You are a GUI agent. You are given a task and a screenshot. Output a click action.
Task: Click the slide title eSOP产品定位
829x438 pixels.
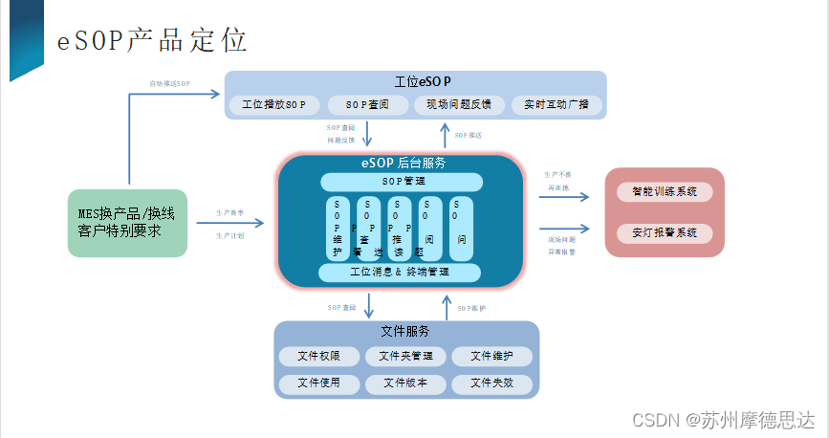[153, 40]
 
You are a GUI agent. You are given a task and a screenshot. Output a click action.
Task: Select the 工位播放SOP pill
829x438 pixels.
[273, 104]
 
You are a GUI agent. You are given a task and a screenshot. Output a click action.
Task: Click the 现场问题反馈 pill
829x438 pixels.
[458, 104]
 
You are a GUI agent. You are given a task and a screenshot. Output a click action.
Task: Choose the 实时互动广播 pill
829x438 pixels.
[556, 104]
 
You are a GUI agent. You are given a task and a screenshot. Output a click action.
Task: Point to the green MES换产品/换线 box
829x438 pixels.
[127, 222]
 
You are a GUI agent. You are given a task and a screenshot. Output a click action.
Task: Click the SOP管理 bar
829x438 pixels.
[402, 182]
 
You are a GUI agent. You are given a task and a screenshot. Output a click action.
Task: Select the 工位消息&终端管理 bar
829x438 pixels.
[400, 273]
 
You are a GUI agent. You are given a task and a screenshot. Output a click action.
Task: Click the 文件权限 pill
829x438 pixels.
[319, 357]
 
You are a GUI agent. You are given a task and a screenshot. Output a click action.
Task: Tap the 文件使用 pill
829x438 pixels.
[319, 383]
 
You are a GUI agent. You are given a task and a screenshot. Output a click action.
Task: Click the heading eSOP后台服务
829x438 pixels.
[403, 163]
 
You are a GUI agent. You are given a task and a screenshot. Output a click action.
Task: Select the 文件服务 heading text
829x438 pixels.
[404, 332]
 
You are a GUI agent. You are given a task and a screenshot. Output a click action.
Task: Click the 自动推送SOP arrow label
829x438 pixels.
[169, 84]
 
